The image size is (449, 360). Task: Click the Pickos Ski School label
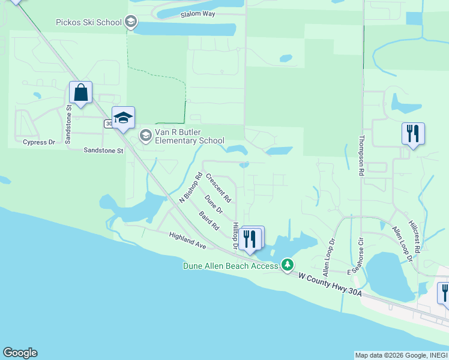(x=89, y=23)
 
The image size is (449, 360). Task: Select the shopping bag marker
(x=80, y=93)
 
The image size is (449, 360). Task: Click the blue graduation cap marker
(x=123, y=118)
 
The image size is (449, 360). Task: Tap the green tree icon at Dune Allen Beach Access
(x=288, y=265)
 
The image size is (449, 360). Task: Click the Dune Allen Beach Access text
(x=231, y=265)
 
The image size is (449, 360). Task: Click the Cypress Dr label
(x=38, y=142)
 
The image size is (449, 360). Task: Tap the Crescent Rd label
(x=218, y=187)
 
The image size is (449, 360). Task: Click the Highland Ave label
(x=187, y=241)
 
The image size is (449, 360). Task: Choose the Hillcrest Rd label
(x=414, y=236)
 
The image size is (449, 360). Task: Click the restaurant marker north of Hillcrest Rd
(x=413, y=133)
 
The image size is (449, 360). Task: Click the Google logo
(x=20, y=353)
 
